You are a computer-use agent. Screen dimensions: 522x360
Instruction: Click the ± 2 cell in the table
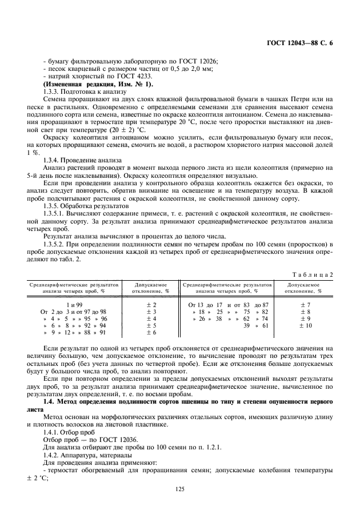point(151,305)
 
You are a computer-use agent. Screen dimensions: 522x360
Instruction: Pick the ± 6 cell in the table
point(151,333)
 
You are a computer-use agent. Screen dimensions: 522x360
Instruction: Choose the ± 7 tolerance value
point(305,305)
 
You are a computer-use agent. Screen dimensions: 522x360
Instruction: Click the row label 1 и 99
point(74,305)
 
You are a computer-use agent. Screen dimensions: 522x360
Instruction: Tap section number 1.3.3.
point(53,91)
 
